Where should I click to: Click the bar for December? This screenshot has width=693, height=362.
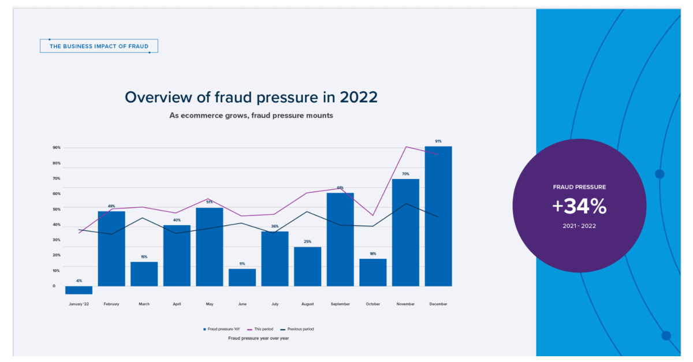click(438, 217)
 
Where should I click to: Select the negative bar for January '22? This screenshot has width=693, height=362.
click(79, 290)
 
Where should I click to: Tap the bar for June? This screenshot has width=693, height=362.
click(242, 278)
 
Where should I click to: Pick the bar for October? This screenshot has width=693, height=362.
click(373, 273)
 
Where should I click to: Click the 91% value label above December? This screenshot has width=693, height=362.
click(438, 141)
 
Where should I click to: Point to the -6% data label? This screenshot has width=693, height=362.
click(79, 281)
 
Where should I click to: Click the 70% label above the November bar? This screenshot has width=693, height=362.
click(405, 174)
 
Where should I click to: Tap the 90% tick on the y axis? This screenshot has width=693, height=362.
click(57, 148)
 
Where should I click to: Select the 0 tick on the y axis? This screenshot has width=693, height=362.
click(54, 286)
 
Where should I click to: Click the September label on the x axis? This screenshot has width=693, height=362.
click(340, 304)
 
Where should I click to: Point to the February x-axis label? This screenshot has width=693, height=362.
click(111, 304)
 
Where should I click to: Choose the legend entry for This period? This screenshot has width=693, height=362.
click(262, 329)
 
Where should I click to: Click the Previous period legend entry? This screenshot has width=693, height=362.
click(297, 329)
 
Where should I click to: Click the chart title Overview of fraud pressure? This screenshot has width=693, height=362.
click(251, 97)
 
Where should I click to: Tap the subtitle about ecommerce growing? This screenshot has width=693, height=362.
click(251, 115)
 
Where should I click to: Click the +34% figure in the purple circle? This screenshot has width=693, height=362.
click(579, 206)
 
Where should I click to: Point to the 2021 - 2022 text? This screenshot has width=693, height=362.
click(579, 226)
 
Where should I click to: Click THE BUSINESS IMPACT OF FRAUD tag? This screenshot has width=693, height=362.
click(99, 46)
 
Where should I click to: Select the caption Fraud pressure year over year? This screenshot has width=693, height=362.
click(258, 338)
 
